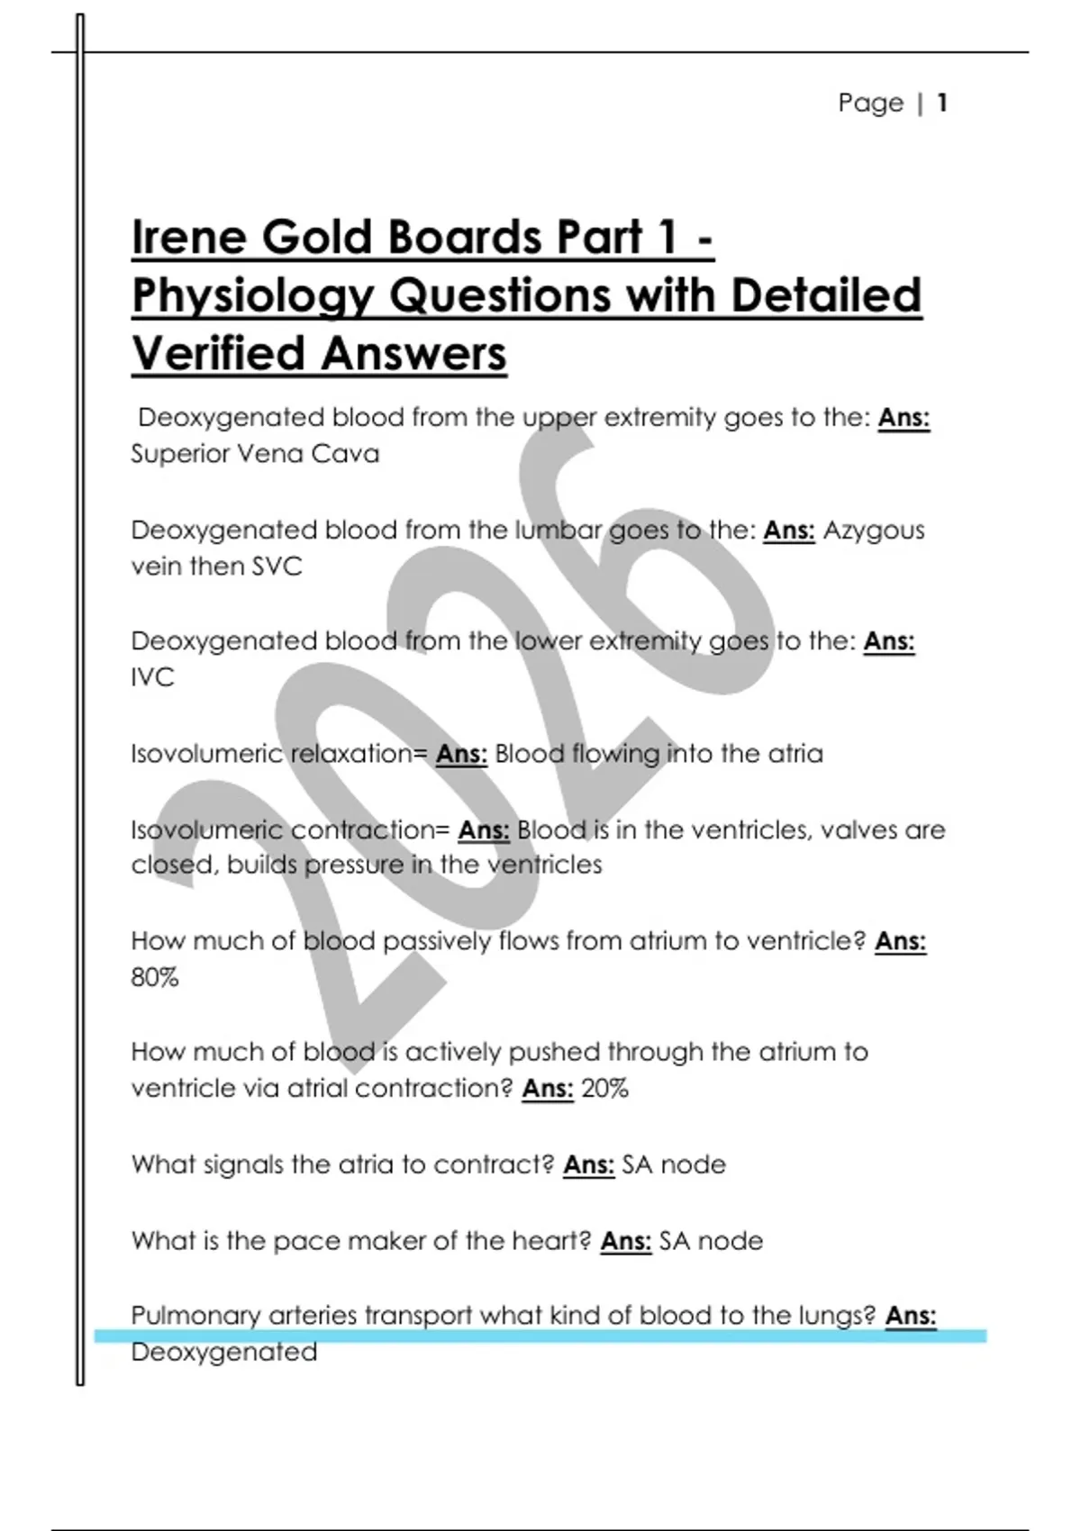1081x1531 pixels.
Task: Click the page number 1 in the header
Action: coord(941,103)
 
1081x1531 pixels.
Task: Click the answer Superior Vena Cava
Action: coord(255,454)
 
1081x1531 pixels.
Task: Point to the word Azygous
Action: coord(874,530)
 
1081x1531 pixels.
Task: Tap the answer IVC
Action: coord(152,677)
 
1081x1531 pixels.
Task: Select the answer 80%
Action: coord(155,977)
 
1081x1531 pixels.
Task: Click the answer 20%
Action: coord(604,1089)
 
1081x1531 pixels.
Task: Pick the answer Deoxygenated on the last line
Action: coord(223,1352)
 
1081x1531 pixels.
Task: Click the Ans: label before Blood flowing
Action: coord(461,754)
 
